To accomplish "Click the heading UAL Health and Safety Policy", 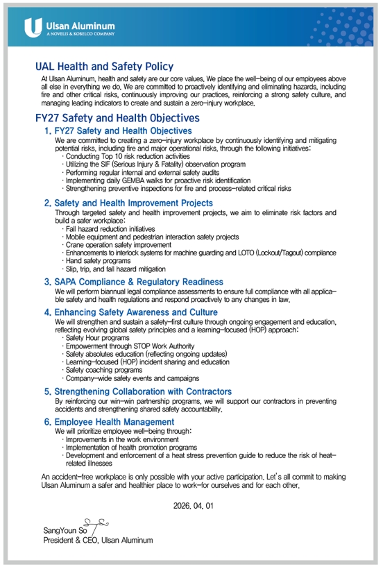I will coord(104,67).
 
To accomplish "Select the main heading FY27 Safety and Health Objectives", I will coord(117,118).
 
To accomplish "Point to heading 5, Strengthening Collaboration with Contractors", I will coord(143,391).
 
